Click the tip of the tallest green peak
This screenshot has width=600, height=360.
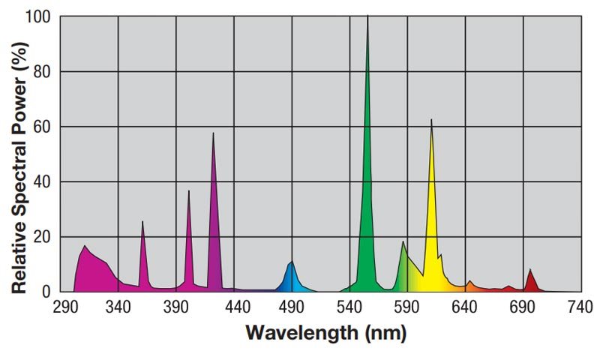click(x=367, y=17)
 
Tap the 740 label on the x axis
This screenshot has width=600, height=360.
click(x=580, y=307)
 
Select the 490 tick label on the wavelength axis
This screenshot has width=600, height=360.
click(x=291, y=307)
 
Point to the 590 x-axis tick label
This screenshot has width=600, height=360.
click(x=406, y=307)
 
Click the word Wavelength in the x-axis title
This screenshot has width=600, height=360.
click(x=300, y=332)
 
